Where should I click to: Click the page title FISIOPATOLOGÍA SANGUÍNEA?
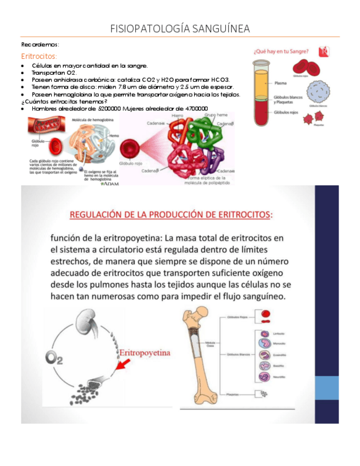click(180, 29)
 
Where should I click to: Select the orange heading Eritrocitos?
click(39, 56)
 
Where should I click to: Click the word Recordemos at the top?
click(40, 44)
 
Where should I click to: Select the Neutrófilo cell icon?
click(263, 378)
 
